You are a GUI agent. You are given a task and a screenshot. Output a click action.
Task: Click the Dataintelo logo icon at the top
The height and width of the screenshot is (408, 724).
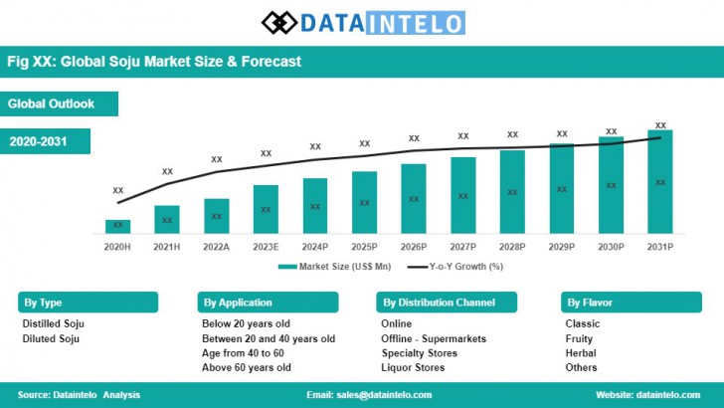pos(279,22)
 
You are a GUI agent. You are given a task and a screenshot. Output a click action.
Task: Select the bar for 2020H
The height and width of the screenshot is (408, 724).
pos(118,226)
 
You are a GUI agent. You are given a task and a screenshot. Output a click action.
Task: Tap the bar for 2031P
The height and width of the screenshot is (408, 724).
pos(659,181)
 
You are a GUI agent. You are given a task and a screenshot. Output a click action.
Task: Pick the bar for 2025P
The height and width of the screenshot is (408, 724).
pos(364,202)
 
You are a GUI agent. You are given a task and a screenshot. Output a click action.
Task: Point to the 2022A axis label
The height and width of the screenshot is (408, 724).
pos(216,245)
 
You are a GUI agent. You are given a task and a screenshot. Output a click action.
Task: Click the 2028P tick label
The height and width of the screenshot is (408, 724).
pos(512,245)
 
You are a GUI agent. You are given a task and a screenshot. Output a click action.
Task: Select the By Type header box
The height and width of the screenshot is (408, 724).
pos(88,303)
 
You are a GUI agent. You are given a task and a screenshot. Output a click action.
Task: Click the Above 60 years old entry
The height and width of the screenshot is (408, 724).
pos(246,367)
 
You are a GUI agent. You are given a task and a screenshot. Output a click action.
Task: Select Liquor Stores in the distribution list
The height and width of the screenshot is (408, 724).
pos(413,367)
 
